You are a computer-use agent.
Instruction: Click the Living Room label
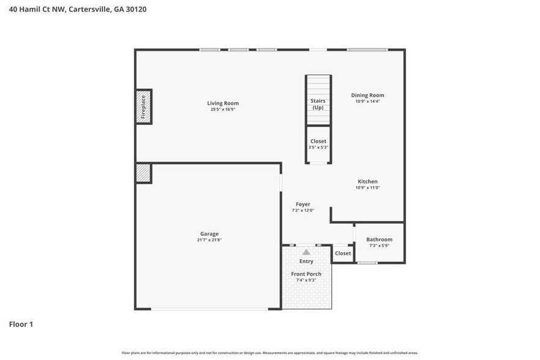click(223, 103)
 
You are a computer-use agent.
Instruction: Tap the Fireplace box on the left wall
click(143, 107)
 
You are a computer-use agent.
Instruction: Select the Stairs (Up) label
click(318, 103)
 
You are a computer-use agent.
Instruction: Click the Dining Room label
click(367, 95)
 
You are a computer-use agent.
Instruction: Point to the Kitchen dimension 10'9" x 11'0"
click(367, 188)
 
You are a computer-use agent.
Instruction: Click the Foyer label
click(302, 204)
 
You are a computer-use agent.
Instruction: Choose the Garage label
click(209, 233)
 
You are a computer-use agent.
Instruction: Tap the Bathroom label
click(379, 239)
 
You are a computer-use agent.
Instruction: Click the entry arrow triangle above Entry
click(306, 251)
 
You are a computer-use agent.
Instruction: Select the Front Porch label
click(306, 274)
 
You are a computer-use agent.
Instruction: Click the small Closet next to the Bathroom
click(343, 253)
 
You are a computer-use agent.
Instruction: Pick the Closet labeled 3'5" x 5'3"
click(318, 144)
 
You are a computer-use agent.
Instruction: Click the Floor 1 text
click(21, 324)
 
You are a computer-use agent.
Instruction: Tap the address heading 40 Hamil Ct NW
click(77, 9)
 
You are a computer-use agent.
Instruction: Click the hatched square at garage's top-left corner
click(143, 173)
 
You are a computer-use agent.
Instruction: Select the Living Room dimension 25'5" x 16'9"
click(223, 110)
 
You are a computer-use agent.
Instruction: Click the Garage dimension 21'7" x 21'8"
click(209, 240)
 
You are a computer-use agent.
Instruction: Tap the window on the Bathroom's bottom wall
click(367, 263)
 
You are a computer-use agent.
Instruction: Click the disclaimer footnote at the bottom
click(269, 353)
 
